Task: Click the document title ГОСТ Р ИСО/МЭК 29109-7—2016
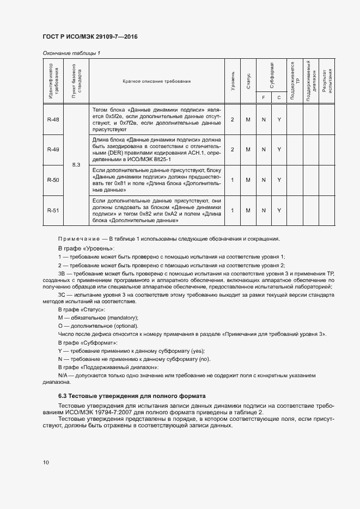coord(90,36)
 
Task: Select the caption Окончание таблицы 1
coord(71,53)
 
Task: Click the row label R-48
coord(53,119)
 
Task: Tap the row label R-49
coord(53,149)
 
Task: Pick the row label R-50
coord(53,179)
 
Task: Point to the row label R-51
coord(53,210)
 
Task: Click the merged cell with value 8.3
coord(76,164)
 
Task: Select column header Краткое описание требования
coord(157,81)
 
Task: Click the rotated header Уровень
coord(233,81)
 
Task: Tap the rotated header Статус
coord(248,81)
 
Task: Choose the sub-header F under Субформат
coord(264,97)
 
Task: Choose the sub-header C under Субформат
coord(279,97)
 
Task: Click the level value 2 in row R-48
coord(233,119)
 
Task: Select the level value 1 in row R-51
coord(233,210)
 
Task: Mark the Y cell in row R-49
coord(279,149)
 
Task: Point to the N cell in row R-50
coord(264,179)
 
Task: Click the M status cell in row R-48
coord(248,119)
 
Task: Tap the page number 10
coord(46,463)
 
